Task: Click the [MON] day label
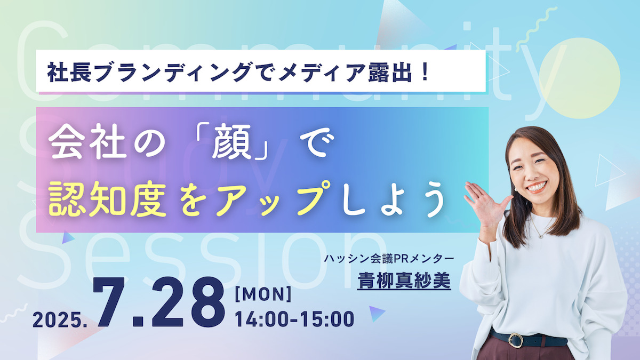coord(263,294)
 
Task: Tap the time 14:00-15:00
coord(294,319)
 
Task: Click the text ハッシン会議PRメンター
coord(389,259)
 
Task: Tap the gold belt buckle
coord(516,340)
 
